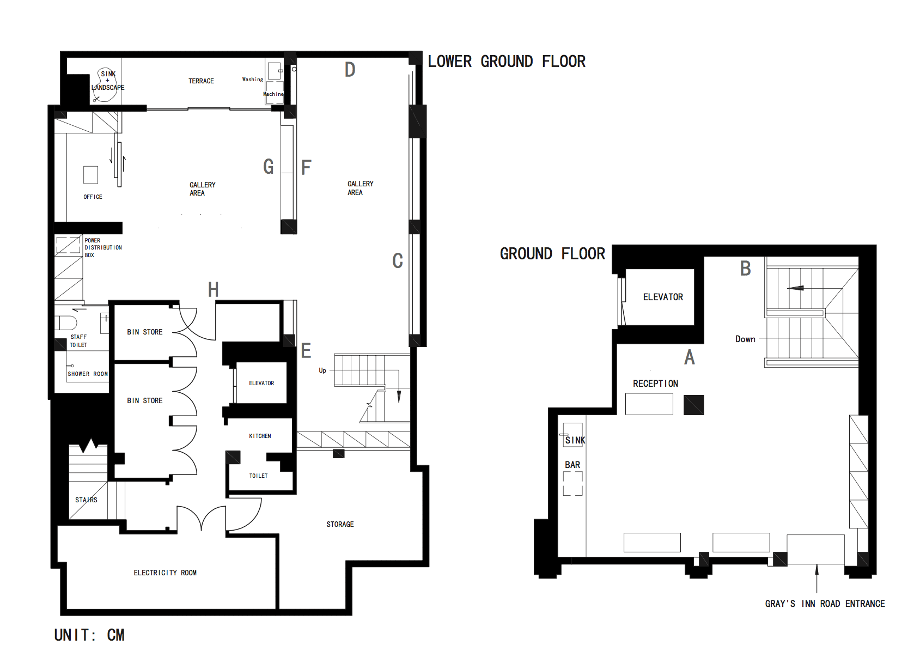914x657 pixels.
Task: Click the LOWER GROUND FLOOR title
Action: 507,62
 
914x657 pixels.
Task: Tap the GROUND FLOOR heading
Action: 552,254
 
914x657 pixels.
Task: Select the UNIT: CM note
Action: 89,635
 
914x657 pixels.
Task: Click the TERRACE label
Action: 201,81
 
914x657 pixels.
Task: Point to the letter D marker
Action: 350,70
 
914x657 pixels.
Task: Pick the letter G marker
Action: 268,167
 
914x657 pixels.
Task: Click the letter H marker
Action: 213,290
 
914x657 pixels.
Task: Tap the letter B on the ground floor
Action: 746,269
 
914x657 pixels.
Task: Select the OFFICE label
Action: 93,197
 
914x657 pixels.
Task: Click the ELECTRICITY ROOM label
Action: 165,573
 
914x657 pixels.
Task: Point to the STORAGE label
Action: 340,525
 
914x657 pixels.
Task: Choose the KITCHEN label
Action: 260,436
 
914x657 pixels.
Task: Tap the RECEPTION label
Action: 655,384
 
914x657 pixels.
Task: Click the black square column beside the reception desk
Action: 693,405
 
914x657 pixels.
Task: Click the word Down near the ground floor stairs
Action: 745,339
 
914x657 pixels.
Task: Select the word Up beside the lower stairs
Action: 322,370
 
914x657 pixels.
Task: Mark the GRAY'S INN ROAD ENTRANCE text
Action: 825,604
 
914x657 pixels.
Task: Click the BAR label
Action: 572,465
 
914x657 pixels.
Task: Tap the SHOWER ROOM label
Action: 88,374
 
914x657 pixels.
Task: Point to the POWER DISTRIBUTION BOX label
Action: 103,248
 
